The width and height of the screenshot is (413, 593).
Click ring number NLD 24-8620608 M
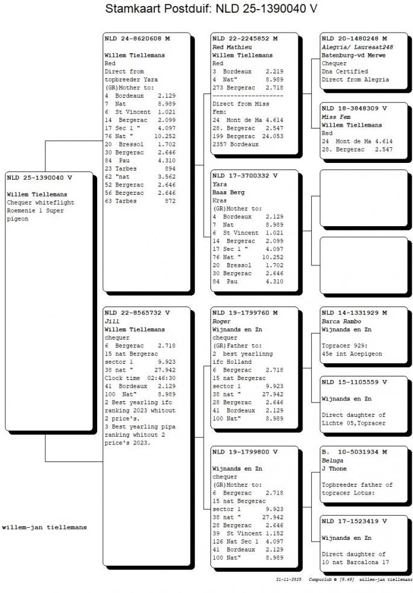[137, 39]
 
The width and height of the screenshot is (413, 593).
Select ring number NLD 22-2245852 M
[245, 39]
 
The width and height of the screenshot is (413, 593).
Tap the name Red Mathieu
[232, 47]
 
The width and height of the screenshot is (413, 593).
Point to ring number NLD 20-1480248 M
[354, 39]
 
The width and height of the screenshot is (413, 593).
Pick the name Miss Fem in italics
[334, 117]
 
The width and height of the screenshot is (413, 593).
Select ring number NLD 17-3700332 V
[245, 176]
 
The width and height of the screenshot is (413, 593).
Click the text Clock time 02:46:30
[140, 378]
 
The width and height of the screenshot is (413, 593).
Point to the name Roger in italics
[221, 322]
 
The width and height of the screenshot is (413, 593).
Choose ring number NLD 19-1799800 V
[245, 451]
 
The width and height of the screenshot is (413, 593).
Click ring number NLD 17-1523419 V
[354, 521]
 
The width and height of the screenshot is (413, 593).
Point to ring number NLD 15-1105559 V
[354, 382]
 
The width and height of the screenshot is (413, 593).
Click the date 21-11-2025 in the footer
[288, 579]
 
